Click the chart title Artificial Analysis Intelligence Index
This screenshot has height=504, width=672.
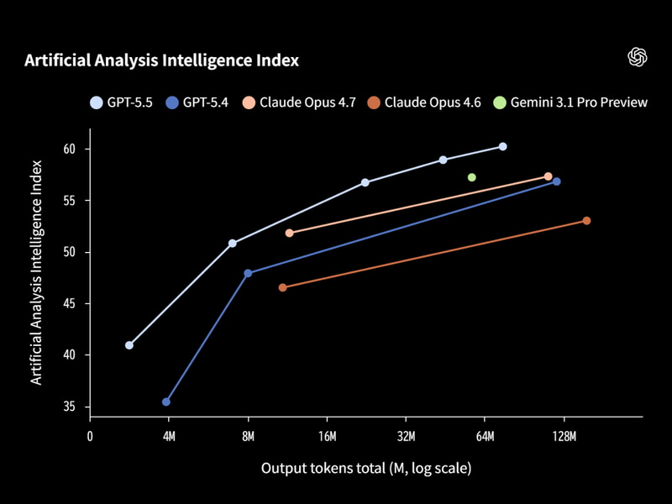coord(161,60)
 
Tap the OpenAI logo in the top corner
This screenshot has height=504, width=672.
coord(638,56)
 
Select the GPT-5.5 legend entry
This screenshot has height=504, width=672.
coord(122,102)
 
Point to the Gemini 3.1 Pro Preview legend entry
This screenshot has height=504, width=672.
coord(570,102)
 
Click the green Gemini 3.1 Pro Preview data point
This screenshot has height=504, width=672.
coord(472,177)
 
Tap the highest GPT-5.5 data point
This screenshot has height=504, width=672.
coord(502,146)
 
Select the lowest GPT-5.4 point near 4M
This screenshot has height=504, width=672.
coord(166,402)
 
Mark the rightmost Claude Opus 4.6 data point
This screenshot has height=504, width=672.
coord(586,221)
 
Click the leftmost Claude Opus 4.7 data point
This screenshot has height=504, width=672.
coord(290,233)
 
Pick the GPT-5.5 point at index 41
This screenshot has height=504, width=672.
coord(129,345)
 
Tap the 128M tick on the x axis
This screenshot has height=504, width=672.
coord(564,436)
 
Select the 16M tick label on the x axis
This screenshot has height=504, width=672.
coord(327,436)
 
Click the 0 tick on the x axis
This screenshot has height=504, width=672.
coord(90,436)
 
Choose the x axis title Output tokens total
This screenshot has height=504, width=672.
coord(365,467)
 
